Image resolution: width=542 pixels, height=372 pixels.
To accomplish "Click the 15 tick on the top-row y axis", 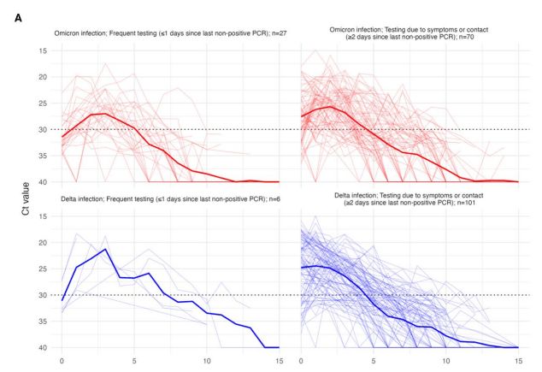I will [x=43, y=50].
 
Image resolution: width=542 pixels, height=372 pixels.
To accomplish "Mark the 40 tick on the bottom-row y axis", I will [x=43, y=348].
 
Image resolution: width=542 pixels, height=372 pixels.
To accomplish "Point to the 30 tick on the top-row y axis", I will [x=43, y=129].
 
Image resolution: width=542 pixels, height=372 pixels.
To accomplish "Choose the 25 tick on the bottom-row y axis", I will [x=43, y=269].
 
